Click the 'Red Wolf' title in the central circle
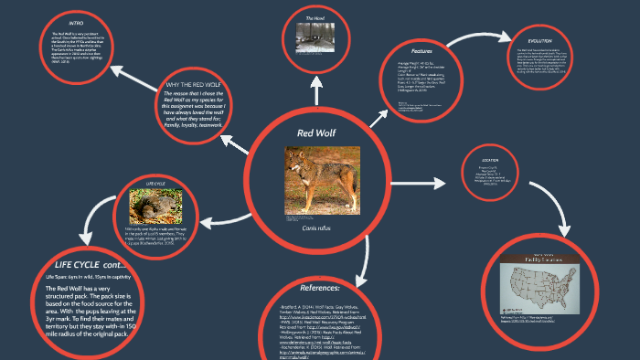tap(316, 133)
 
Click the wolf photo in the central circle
tap(319, 181)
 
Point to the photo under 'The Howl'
tap(316, 37)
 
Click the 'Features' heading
tap(421, 50)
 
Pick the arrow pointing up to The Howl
tap(316, 90)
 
